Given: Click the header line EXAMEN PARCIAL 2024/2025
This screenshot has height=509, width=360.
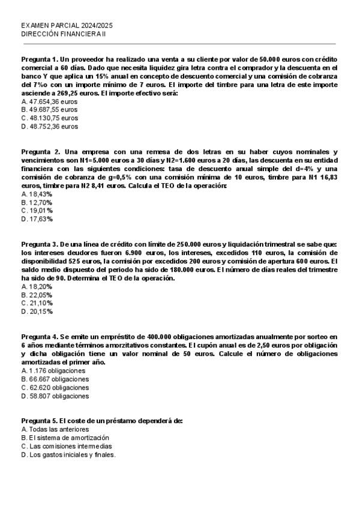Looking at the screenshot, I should click(x=67, y=26).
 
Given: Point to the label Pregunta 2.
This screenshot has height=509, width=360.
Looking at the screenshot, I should click(x=40, y=152).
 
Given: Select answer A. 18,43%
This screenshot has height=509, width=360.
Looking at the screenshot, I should click(x=37, y=194).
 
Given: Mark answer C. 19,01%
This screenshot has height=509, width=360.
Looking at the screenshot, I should click(x=37, y=211).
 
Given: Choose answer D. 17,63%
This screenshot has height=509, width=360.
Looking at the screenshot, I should click(x=37, y=219).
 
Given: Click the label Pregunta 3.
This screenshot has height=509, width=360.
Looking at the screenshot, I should click(x=39, y=244).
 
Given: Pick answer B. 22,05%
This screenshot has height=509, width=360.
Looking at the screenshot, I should click(x=37, y=295).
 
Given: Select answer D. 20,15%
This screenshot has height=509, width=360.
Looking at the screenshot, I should click(x=37, y=312).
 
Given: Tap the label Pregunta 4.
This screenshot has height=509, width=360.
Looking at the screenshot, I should click(x=39, y=337).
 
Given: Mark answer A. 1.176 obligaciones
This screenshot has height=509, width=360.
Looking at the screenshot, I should click(x=53, y=370).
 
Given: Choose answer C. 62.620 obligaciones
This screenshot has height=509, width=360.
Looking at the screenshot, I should click(x=55, y=387).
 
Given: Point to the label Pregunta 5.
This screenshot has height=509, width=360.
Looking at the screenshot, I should click(x=39, y=421).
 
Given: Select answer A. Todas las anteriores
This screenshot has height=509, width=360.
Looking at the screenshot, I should click(x=55, y=430).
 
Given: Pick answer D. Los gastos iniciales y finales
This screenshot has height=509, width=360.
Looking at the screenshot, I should click(x=68, y=455).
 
